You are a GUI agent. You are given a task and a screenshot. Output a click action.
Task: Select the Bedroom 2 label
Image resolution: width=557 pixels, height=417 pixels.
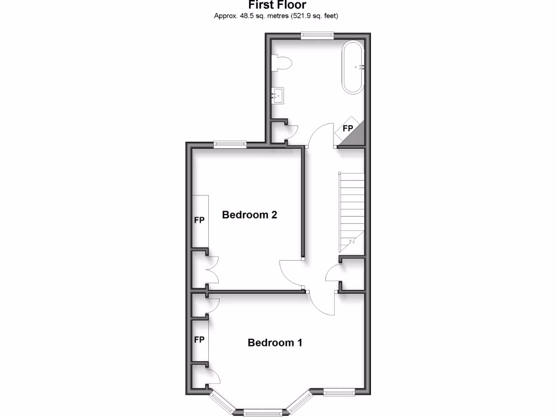coord(250,215)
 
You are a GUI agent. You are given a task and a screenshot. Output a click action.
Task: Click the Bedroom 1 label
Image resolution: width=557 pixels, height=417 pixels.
coord(275,343)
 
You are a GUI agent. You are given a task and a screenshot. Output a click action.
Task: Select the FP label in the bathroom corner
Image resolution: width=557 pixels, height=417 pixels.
coord(347,129)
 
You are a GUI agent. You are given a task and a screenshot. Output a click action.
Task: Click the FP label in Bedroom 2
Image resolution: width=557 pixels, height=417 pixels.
coord(199,221)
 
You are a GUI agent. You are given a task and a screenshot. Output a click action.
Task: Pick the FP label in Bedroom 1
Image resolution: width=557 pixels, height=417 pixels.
coord(199,340)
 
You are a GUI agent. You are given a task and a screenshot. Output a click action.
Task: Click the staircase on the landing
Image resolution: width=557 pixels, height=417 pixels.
coord(351,209)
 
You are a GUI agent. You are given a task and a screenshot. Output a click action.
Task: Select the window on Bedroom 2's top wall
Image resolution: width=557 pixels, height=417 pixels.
coord(230,144)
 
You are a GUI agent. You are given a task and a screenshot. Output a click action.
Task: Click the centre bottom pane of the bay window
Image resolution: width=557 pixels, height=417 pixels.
coord(258,411)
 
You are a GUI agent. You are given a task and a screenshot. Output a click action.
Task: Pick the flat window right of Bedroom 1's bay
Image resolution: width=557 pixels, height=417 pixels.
coord(339,391)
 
